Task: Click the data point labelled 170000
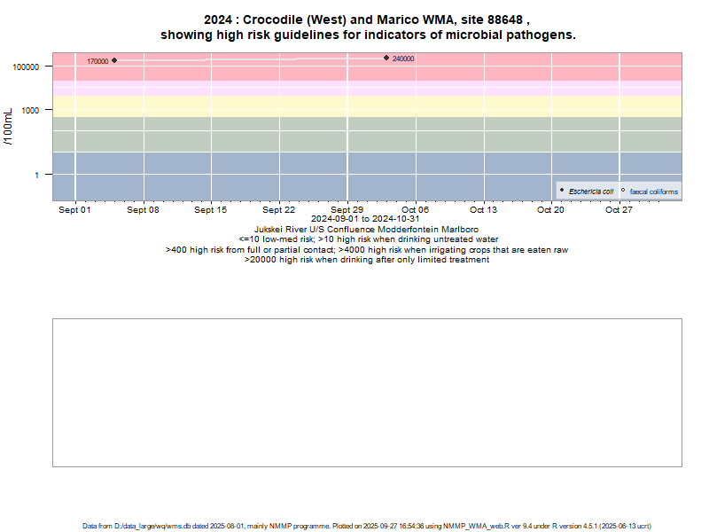point(114,60)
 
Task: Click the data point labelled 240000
point(386,58)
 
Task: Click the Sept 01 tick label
point(74,210)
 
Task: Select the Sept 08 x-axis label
point(143,210)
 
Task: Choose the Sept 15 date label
point(211,210)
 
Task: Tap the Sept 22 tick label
point(279,210)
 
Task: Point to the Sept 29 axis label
point(347,210)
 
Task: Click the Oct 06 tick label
point(415,210)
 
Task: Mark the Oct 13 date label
point(483,210)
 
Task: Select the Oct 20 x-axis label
point(550,210)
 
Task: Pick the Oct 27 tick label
point(619,210)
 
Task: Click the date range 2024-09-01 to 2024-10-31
point(366,219)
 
